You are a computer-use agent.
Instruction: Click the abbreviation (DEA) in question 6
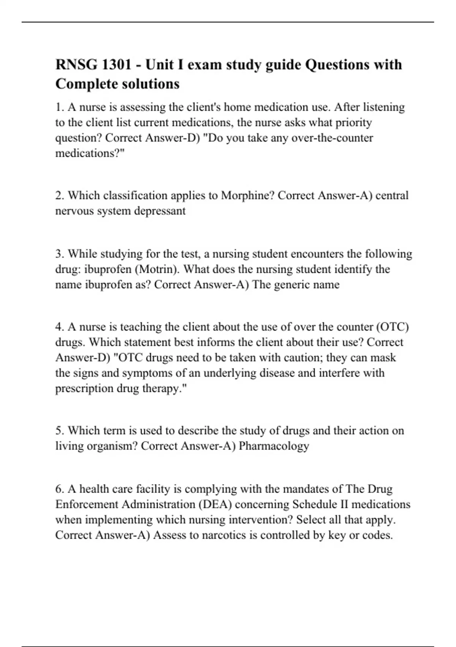pos(215,505)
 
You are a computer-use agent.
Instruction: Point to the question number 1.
pos(59,107)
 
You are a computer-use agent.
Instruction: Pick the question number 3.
pos(59,254)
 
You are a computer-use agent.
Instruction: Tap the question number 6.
pos(59,489)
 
